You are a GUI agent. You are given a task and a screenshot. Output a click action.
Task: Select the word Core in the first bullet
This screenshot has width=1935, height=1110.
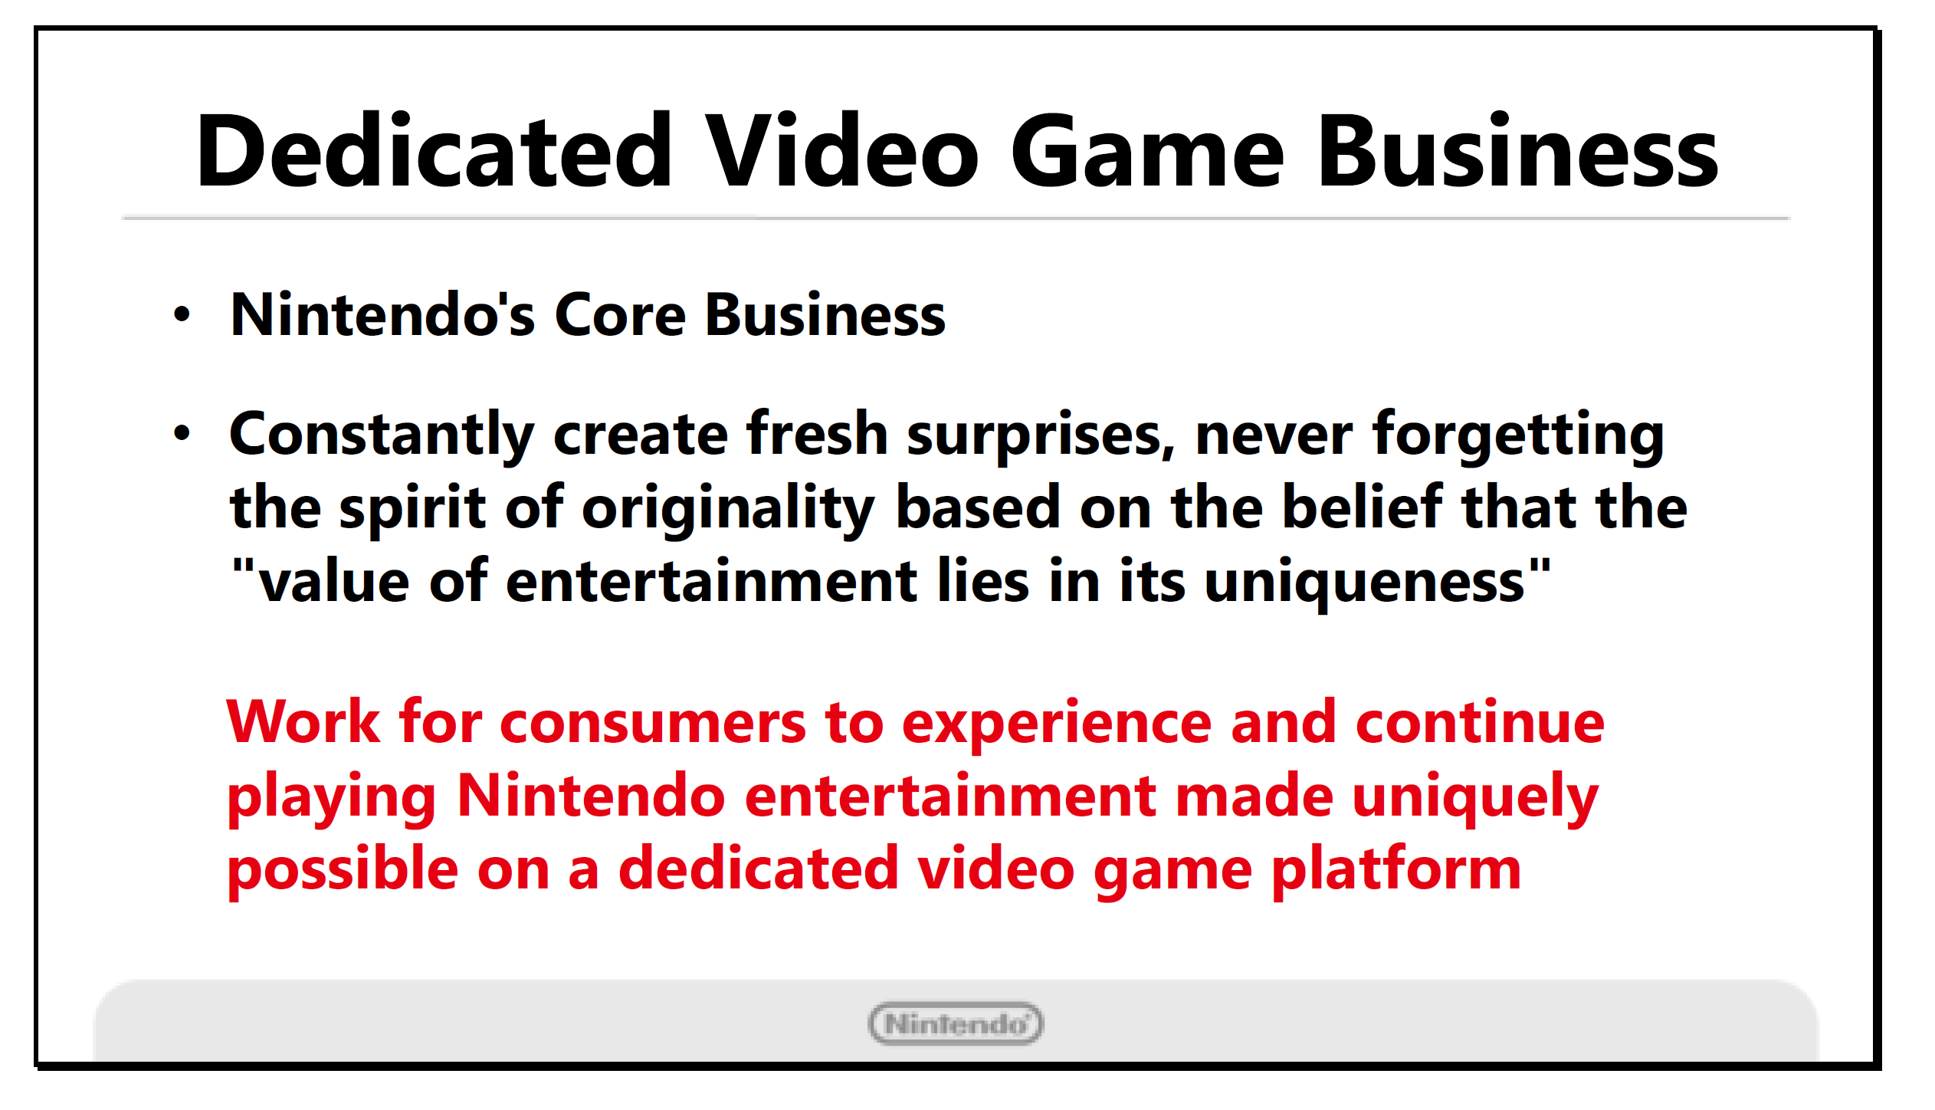tap(620, 315)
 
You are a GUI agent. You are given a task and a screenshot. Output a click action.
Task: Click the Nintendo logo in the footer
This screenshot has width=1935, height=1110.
tap(956, 1023)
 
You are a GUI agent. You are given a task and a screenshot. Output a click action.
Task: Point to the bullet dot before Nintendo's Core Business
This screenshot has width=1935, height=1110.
tap(182, 314)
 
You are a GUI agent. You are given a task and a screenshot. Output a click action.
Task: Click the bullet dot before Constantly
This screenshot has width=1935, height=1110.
tap(182, 433)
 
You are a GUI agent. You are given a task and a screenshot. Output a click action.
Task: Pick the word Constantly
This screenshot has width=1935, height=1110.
tap(382, 435)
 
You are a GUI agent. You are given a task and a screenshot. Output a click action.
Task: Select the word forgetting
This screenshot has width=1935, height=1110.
tap(1518, 435)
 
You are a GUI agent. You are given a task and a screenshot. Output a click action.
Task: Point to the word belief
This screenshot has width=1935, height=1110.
tap(1363, 506)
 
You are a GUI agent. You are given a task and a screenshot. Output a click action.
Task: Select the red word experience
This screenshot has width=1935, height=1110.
tap(1058, 724)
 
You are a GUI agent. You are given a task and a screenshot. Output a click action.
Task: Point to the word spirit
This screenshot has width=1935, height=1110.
tap(412, 509)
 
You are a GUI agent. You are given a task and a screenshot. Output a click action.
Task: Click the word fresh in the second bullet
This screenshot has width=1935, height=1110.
tap(817, 432)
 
